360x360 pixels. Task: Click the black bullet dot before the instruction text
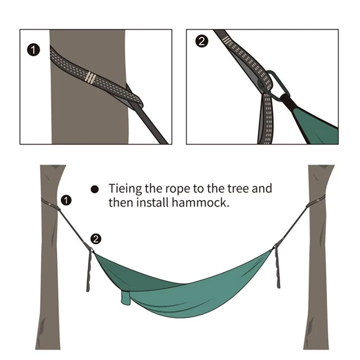click(x=94, y=189)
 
